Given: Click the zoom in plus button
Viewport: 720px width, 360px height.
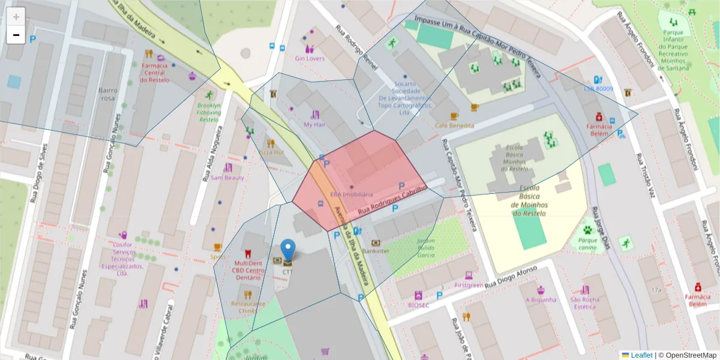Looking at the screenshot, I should coord(16,16).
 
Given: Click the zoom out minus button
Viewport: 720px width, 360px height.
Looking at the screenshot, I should coord(16,35).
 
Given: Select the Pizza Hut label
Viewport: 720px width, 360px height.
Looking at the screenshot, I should coord(271,152).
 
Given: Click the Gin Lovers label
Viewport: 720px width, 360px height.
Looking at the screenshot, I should coord(310,59).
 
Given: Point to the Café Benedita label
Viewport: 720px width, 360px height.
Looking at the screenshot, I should coord(454,125).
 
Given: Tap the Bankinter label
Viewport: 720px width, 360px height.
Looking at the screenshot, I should coord(376,251).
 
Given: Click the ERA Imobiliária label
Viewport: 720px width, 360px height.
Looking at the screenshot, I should coord(352,195).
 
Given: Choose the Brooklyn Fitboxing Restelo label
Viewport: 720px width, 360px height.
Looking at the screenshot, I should coord(209,112).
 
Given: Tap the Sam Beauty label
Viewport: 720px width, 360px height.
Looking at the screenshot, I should coord(227,178).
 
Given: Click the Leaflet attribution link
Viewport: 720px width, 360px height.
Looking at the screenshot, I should coord(641,355).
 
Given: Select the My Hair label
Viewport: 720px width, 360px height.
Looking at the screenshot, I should coord(314,125).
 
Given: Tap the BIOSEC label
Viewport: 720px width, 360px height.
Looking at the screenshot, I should coord(418,305).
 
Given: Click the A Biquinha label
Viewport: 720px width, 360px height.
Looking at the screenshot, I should coord(541,299).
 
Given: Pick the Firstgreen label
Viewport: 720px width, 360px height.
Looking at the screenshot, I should coord(469,286).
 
